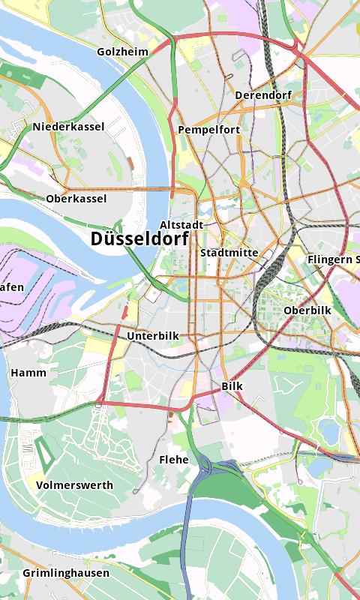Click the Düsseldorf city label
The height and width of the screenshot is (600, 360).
139,238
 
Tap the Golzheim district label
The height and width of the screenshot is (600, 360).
122,52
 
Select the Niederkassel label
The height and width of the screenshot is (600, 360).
68,127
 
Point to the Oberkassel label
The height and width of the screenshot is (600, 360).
76,199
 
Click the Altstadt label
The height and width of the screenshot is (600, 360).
181,225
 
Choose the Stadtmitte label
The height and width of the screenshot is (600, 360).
229,253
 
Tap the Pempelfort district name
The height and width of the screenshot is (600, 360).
208,130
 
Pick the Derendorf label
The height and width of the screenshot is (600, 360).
262,95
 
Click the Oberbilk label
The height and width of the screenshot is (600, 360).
308,310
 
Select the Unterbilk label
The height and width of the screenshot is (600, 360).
153,335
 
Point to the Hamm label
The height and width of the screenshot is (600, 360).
28,373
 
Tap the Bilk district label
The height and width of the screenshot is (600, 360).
232,386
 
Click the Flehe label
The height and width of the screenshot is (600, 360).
174,459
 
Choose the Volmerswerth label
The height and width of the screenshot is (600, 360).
74,485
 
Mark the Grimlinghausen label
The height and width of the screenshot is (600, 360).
65,573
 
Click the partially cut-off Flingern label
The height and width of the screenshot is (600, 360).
333,259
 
